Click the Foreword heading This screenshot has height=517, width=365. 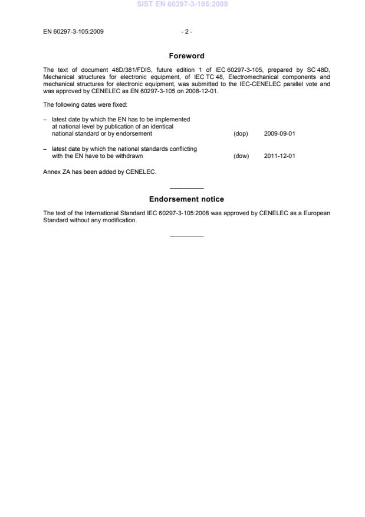pyautogui.click(x=186, y=56)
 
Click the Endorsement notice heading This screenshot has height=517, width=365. pyautogui.click(x=186, y=199)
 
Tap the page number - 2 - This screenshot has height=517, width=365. pyautogui.click(x=187, y=31)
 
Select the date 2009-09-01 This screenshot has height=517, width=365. pyautogui.click(x=279, y=134)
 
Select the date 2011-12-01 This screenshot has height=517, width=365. pyautogui.click(x=279, y=156)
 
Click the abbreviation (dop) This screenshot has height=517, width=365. pyautogui.click(x=241, y=134)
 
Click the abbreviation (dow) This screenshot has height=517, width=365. pyautogui.click(x=241, y=156)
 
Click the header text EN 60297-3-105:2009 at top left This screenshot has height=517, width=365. pyautogui.click(x=74, y=31)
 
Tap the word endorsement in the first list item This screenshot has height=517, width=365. pyautogui.click(x=136, y=134)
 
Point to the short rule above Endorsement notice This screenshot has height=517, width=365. pyautogui.click(x=186, y=188)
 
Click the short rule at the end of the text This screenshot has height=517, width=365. pyautogui.click(x=186, y=236)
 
